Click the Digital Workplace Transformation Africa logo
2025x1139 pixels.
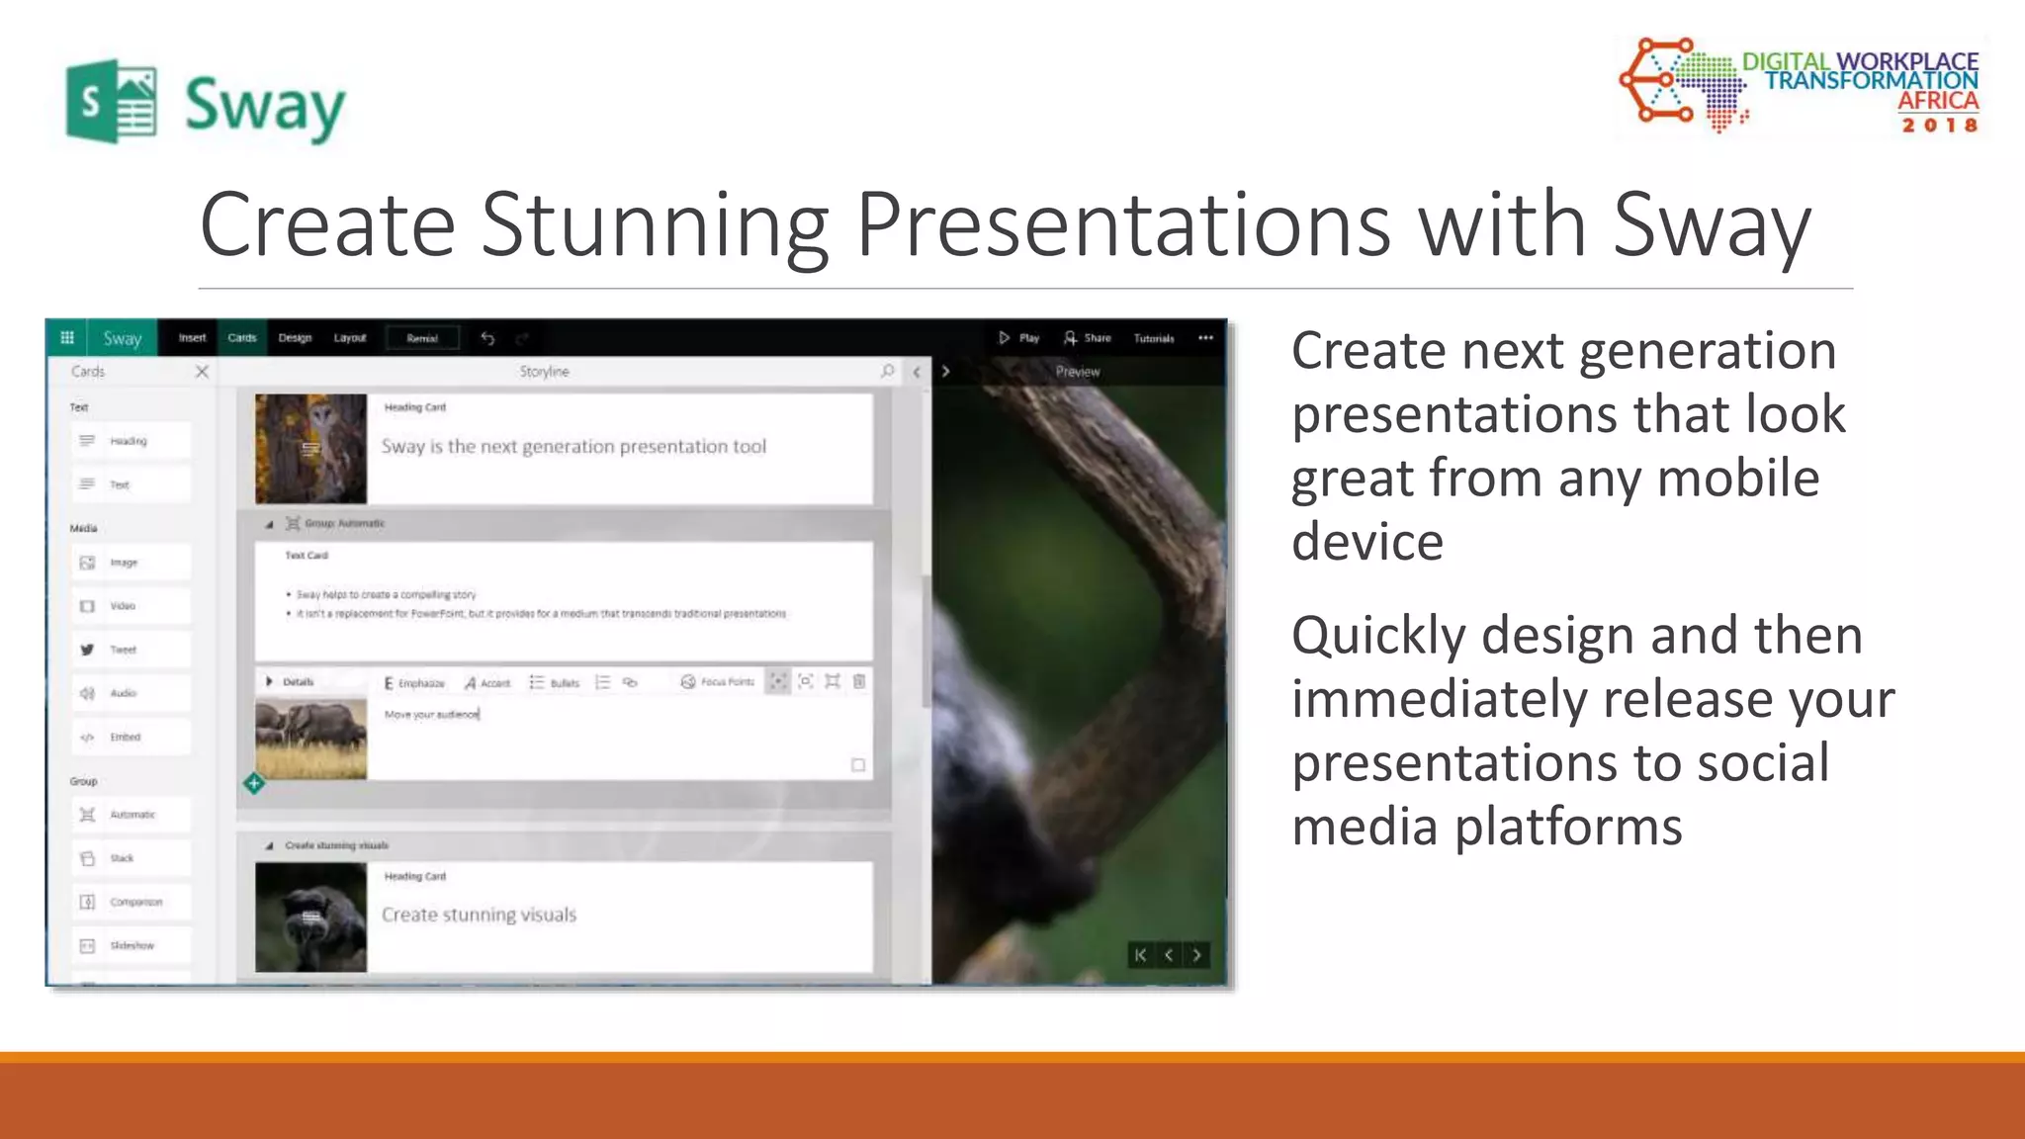pos(1800,87)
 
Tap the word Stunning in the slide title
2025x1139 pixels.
pos(654,225)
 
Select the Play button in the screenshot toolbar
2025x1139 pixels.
pos(1018,338)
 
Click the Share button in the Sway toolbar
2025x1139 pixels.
pos(1088,338)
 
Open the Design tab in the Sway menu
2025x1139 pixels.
pos(295,338)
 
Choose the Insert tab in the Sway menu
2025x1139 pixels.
pos(192,338)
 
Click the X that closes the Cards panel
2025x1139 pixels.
pos(202,372)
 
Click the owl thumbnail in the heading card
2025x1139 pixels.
pos(310,449)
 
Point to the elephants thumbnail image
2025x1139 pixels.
pos(310,739)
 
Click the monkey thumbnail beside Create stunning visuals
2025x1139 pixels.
pos(310,917)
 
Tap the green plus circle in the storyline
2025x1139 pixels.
pos(254,784)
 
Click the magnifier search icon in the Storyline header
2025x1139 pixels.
pos(887,372)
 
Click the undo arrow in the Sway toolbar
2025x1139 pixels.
pos(487,338)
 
